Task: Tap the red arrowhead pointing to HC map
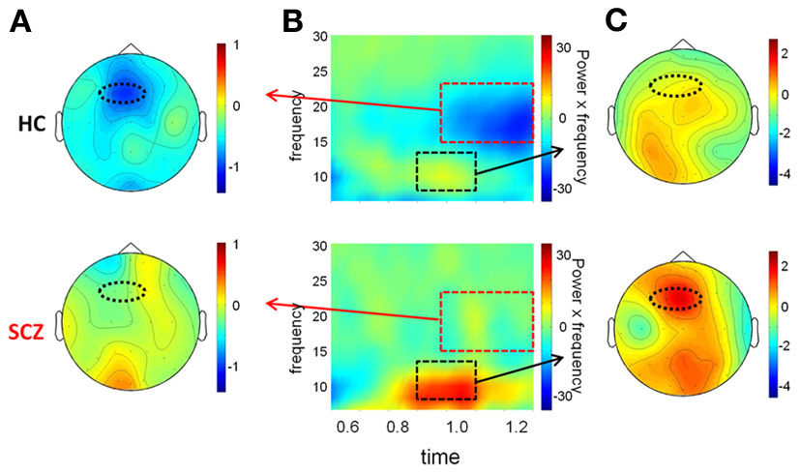(271, 95)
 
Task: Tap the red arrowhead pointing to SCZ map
(271, 302)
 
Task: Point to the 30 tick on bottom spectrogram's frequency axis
(318, 246)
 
